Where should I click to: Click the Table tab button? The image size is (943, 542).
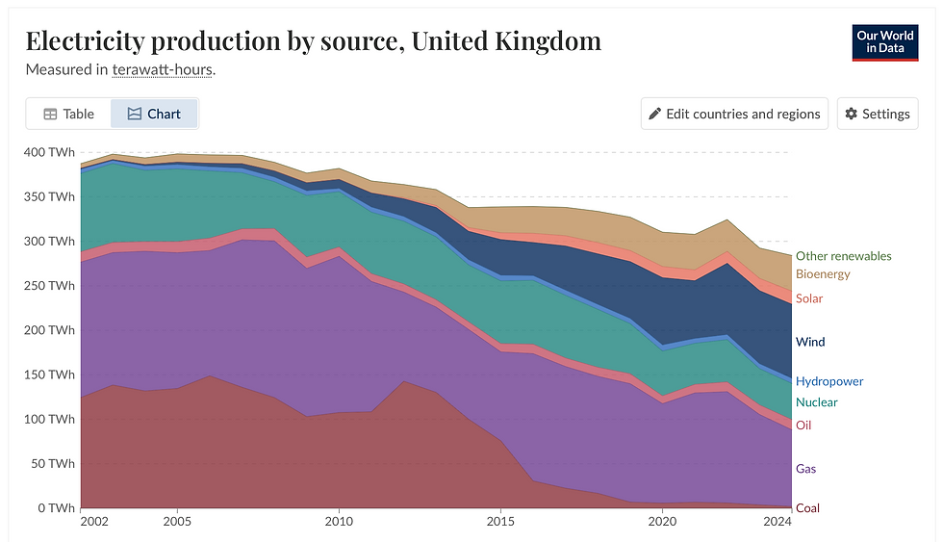(x=68, y=114)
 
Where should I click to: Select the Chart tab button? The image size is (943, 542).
(x=154, y=114)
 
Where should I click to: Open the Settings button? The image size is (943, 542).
(x=877, y=114)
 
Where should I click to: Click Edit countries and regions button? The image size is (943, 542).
(x=734, y=114)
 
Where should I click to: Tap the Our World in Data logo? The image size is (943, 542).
(x=884, y=42)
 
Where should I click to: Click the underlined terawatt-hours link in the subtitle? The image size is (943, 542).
(x=163, y=69)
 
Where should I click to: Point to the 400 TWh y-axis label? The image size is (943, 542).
(x=48, y=152)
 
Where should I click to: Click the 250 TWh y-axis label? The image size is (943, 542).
(x=48, y=286)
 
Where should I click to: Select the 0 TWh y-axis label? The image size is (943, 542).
(x=55, y=507)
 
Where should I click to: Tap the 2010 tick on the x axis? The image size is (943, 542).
(x=339, y=522)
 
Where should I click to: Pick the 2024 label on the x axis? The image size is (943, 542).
(x=777, y=522)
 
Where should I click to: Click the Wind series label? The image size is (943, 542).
(x=810, y=342)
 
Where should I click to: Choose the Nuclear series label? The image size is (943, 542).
(x=816, y=401)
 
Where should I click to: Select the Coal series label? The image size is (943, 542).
(x=807, y=507)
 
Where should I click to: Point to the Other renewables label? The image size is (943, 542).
(x=843, y=256)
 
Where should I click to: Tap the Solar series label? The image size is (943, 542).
(x=809, y=298)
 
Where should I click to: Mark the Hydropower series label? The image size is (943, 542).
(x=828, y=381)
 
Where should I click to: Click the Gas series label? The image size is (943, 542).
(x=805, y=469)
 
